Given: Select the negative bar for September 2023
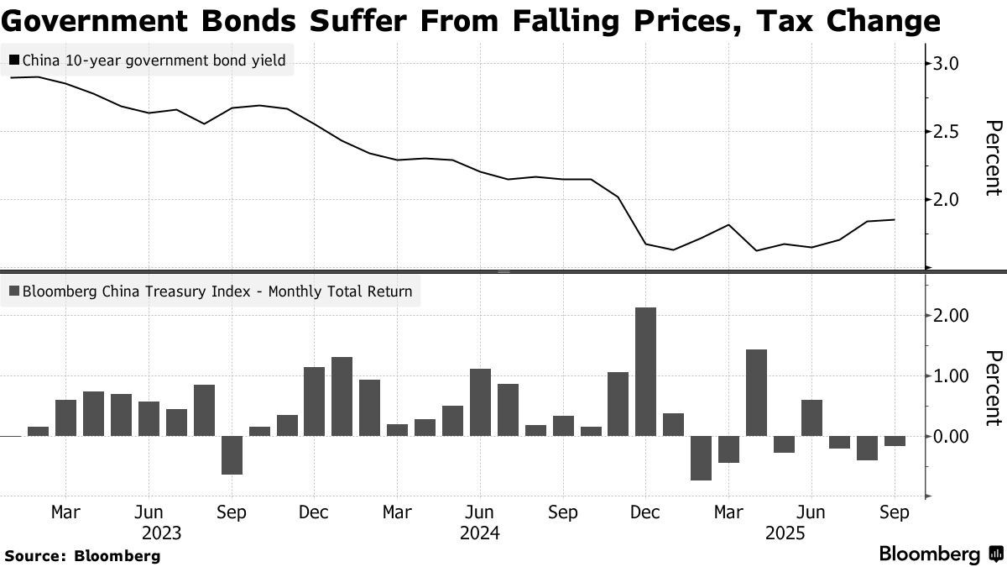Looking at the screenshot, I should point(232,455).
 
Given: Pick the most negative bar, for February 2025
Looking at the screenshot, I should point(701,458).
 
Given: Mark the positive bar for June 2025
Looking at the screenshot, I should point(811,417).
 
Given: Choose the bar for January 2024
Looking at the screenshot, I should point(342,396).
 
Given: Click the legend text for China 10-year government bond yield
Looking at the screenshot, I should point(154,60).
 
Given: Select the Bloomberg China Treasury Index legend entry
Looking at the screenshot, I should point(217,292).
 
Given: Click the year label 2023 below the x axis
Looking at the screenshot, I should point(162,533).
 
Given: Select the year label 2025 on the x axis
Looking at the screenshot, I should point(785,533).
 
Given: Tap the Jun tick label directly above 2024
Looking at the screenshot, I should point(480,512).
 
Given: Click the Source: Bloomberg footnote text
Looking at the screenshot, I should point(81,555).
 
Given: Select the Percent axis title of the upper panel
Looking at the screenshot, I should point(993,158).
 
